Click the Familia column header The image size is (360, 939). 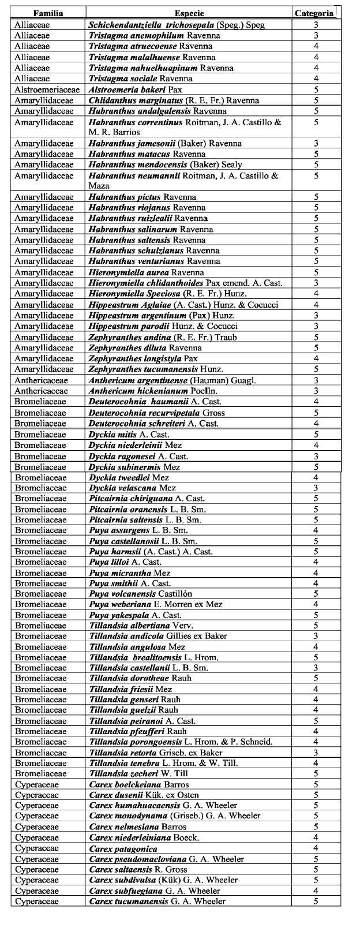coord(48,13)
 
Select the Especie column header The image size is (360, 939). coord(189,13)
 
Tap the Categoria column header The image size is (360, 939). coord(314,13)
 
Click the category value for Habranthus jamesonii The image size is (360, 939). coord(316,143)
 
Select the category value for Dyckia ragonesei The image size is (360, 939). coord(316,456)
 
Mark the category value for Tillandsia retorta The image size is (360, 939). coord(316,753)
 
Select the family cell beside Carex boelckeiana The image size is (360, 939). coord(37,785)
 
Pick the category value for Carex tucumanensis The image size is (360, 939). coord(316,901)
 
